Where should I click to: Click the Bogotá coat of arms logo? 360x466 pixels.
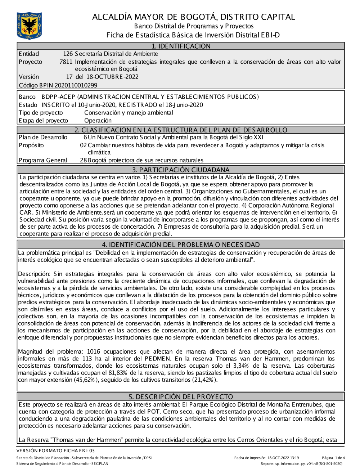[29, 26]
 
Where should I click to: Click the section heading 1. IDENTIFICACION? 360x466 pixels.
[181, 46]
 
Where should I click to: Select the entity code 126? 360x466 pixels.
[68, 54]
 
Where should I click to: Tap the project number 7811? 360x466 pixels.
[66, 62]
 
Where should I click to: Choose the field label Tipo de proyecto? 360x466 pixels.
[41, 113]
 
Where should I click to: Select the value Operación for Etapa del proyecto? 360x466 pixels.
[98, 121]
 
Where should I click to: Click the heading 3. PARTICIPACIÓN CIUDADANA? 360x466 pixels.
[181, 170]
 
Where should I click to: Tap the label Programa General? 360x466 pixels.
[43, 160]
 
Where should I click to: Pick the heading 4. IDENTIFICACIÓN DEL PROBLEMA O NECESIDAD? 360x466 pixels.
[181, 245]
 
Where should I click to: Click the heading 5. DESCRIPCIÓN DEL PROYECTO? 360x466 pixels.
[181, 397]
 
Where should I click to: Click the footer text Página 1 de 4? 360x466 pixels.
[333, 458]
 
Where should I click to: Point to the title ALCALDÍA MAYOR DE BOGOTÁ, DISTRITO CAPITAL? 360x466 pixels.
[194, 17]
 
